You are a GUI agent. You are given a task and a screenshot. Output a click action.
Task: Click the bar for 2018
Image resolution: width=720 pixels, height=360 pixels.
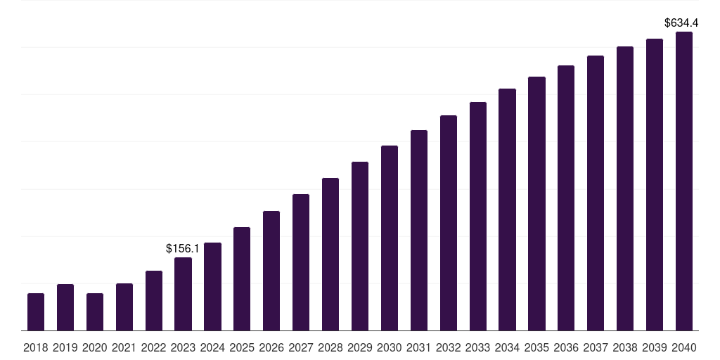click(x=36, y=312)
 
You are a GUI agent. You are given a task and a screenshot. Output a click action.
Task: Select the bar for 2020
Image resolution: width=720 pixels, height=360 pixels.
click(x=95, y=312)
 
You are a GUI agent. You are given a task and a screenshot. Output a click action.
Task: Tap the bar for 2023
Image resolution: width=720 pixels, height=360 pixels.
click(x=184, y=294)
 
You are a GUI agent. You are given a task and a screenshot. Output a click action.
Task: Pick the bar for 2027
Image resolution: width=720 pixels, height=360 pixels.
click(x=301, y=262)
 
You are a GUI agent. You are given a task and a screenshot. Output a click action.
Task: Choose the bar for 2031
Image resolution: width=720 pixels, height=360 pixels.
click(x=419, y=231)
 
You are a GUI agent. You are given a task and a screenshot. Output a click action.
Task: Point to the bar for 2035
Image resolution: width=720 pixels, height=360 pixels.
click(x=537, y=204)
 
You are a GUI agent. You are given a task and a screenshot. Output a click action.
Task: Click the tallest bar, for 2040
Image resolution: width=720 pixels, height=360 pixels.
click(x=684, y=181)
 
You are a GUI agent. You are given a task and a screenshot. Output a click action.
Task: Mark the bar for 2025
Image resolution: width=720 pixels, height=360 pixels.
click(x=242, y=279)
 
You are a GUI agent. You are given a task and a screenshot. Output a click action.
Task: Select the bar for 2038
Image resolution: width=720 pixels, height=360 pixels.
click(x=625, y=188)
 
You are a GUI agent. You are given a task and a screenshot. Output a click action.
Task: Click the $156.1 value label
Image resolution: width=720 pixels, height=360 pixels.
click(x=183, y=248)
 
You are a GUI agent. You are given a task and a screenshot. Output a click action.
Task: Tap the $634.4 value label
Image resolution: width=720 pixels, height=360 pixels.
click(x=681, y=22)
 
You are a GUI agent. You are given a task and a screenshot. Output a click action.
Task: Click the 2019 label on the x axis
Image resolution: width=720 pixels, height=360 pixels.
click(x=65, y=347)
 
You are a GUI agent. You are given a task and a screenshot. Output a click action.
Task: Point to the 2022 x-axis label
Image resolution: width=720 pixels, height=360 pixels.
click(x=154, y=347)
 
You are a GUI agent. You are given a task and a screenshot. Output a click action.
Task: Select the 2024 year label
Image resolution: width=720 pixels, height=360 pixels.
click(x=212, y=347)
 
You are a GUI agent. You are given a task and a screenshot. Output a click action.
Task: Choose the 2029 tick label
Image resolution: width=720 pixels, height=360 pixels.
click(x=360, y=347)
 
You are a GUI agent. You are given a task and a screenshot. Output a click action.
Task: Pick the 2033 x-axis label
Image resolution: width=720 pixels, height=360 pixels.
click(x=478, y=347)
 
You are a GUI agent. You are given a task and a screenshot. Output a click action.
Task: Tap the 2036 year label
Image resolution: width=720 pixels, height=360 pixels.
click(x=566, y=347)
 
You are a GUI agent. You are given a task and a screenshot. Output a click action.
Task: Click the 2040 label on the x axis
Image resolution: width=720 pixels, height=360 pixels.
click(x=684, y=347)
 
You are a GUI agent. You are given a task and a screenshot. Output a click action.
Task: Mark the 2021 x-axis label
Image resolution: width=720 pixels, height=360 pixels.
click(x=124, y=347)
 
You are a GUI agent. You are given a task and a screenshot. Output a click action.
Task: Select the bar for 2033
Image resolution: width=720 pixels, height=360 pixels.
click(x=478, y=217)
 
